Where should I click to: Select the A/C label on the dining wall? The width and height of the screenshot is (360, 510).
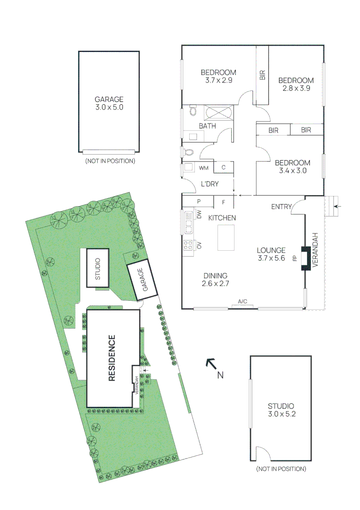tap(243, 301)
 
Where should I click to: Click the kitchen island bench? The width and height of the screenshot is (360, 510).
tap(226, 238)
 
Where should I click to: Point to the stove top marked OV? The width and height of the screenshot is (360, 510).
tap(188, 245)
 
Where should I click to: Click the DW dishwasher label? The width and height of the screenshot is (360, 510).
tap(199, 215)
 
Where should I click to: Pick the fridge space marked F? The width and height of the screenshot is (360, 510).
tap(224, 202)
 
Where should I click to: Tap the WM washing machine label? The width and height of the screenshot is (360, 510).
tap(204, 168)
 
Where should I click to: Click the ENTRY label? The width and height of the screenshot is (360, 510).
tap(281, 207)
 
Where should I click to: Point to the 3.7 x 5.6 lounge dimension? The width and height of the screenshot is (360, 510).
tap(271, 258)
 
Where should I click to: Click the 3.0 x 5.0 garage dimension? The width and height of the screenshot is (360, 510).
tap(109, 107)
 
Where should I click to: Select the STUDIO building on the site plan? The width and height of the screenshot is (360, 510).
tap(98, 268)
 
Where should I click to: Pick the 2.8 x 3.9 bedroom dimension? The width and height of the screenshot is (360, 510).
tap(296, 88)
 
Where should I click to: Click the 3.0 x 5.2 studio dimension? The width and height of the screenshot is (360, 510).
tap(281, 414)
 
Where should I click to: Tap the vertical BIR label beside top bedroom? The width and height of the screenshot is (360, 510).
tap(262, 74)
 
